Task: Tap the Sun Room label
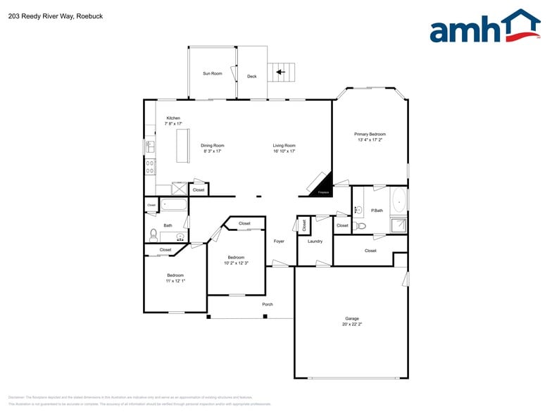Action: coord(213,73)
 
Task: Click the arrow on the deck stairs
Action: coord(280,71)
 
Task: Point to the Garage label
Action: coord(352,319)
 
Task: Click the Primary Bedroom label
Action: coord(370,134)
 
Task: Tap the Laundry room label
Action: coord(315,241)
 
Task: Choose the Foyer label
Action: coord(279,241)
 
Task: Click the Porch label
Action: coord(268,304)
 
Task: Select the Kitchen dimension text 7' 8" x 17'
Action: coord(172,123)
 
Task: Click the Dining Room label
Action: coord(213,146)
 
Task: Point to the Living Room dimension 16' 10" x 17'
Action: coord(284,151)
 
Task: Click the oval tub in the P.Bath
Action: coord(399,201)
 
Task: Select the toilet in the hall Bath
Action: coord(153,234)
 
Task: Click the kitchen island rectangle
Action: coord(184,145)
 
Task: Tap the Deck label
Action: coord(251,76)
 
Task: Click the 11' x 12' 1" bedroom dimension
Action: coord(175,280)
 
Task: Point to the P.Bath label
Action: coord(377,210)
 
